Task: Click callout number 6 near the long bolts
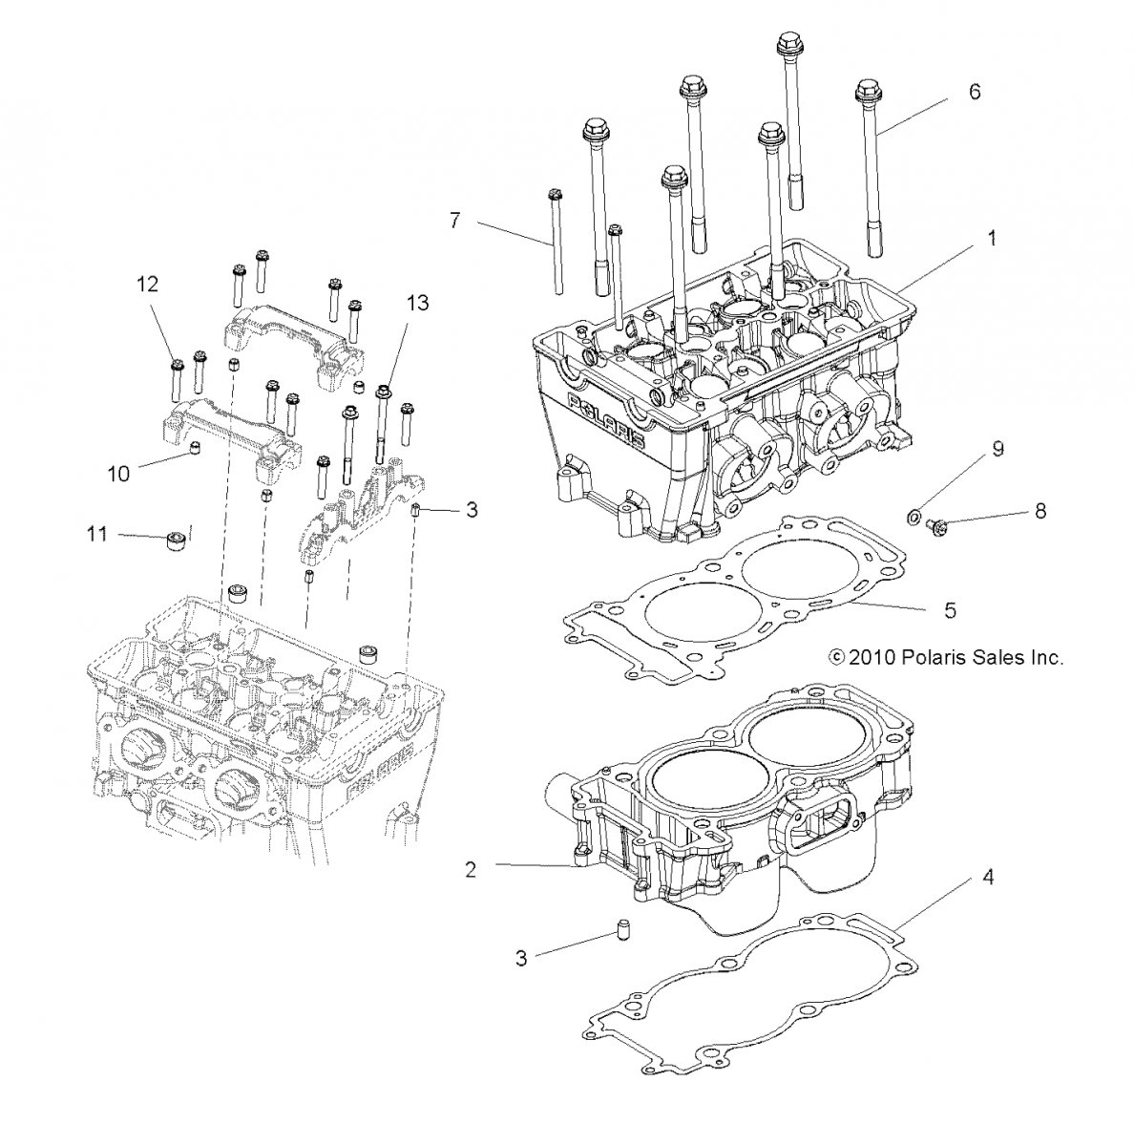pyautogui.click(x=975, y=93)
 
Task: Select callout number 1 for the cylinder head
pyautogui.click(x=991, y=239)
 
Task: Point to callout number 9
pyautogui.click(x=997, y=449)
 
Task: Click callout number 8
pyautogui.click(x=1039, y=511)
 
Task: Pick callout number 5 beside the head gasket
pyautogui.click(x=950, y=609)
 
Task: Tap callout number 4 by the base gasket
pyautogui.click(x=988, y=876)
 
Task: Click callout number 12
pyautogui.click(x=147, y=284)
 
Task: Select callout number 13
pyautogui.click(x=417, y=303)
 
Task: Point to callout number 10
pyautogui.click(x=118, y=473)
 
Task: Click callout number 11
pyautogui.click(x=98, y=534)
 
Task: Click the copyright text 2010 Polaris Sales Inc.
pyautogui.click(x=946, y=657)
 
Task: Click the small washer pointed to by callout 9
pyautogui.click(x=913, y=518)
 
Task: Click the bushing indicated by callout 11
pyautogui.click(x=175, y=541)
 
